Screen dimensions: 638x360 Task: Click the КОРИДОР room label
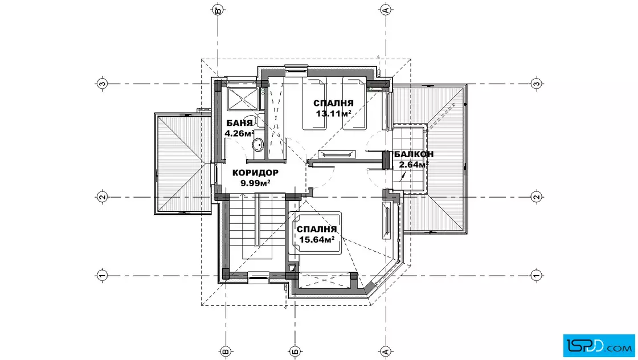coord(255,173)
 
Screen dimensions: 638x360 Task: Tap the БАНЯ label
coord(240,123)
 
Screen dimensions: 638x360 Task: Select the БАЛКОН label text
coord(414,154)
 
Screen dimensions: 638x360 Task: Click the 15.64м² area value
coord(317,240)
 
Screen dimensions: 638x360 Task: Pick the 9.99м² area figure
coord(256,183)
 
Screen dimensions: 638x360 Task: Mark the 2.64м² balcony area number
coord(414,165)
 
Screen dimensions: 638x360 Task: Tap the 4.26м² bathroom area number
coord(239,133)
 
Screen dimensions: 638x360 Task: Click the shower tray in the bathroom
coord(243,99)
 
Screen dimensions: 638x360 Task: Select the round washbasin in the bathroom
coord(258,145)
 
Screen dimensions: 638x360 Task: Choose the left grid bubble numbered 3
coord(102,84)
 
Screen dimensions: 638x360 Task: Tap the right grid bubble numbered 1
coord(536,275)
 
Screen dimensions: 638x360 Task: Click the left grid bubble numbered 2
coord(102,197)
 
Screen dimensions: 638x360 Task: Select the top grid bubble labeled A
coord(386,10)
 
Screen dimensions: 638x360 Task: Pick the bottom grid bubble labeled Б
coord(295,351)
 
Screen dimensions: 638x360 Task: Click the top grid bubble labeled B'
coord(219,10)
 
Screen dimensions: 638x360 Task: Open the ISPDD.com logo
coord(599,346)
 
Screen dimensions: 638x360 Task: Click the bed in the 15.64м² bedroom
coord(314,233)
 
